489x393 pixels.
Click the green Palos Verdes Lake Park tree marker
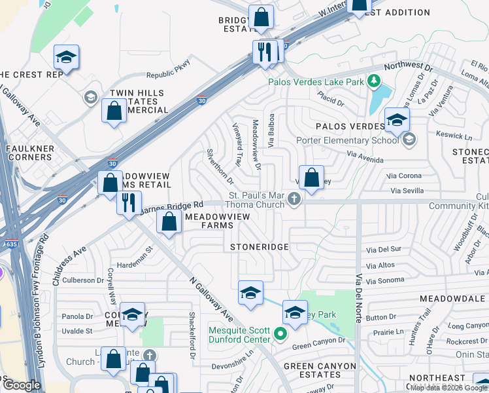[x=374, y=81]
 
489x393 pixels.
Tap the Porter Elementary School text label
[x=337, y=140]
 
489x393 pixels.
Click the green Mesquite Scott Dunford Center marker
[x=280, y=333]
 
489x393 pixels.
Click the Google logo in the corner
[x=21, y=385]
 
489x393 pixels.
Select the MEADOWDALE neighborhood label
[x=455, y=297]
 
